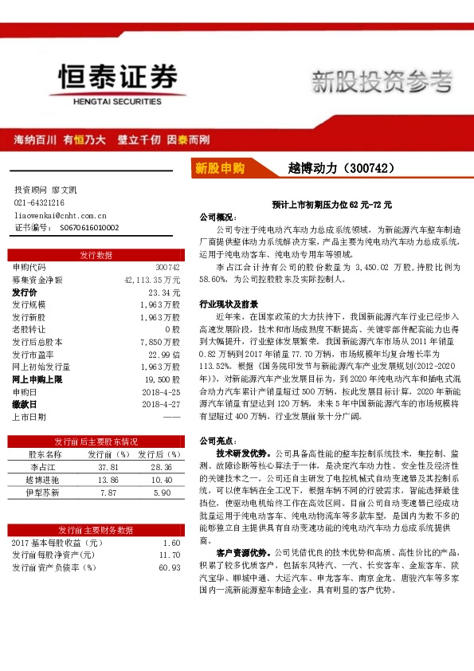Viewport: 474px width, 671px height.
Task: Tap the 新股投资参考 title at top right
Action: point(381,80)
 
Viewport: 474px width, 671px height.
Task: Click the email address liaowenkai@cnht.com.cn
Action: point(61,215)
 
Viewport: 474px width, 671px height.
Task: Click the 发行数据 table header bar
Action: point(96,255)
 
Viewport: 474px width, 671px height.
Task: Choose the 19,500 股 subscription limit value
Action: point(163,379)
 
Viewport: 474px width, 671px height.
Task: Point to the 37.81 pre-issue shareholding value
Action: point(108,466)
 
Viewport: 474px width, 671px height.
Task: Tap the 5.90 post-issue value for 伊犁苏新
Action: point(162,492)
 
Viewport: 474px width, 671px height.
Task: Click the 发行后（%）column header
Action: point(162,453)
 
